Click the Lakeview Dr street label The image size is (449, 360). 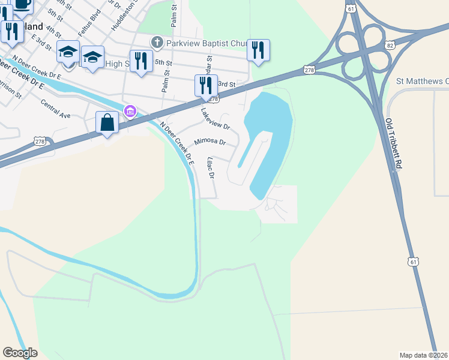pyautogui.click(x=215, y=119)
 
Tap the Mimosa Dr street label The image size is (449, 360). pyautogui.click(x=209, y=143)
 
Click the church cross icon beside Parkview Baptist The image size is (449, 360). pyautogui.click(x=157, y=42)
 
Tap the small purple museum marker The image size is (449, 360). pyautogui.click(x=129, y=110)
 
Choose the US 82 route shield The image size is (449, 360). pyautogui.click(x=391, y=45)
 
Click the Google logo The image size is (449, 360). pyautogui.click(x=20, y=353)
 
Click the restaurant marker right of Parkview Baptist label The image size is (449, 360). pyautogui.click(x=258, y=50)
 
